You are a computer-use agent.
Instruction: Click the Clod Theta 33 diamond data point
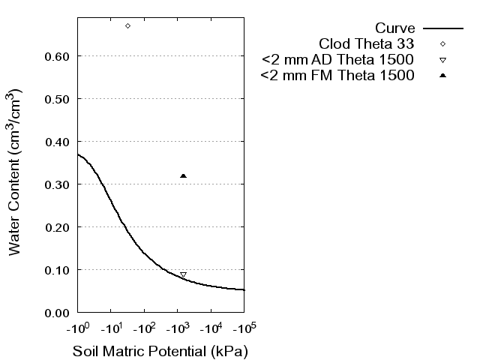pos(127,25)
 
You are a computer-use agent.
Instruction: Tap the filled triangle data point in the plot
pos(183,175)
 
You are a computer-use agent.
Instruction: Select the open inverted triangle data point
pos(183,275)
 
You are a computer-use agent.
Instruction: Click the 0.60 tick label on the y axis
pos(58,56)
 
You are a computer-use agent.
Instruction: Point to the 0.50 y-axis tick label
pos(58,99)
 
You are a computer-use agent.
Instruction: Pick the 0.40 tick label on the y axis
pos(58,142)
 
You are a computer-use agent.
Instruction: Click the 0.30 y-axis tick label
pos(58,184)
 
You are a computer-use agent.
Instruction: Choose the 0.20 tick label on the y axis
pos(58,227)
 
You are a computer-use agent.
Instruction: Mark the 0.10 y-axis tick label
pos(58,270)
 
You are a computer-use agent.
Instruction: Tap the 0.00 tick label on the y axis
pos(58,313)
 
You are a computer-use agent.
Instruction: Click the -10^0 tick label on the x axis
pos(77,328)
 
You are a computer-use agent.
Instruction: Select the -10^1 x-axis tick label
pos(110,328)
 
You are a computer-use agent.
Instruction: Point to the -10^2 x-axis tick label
pos(144,328)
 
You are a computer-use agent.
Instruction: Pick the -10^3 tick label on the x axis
pos(177,328)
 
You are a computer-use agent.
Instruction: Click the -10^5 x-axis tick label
pos(244,328)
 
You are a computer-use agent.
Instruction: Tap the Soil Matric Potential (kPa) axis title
pos(160,351)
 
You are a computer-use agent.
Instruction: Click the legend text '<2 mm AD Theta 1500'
pos(338,59)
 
